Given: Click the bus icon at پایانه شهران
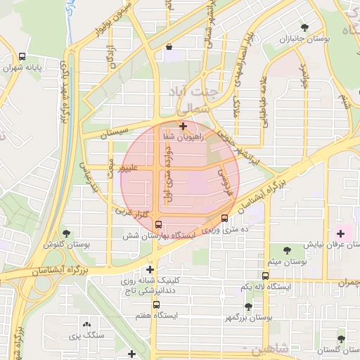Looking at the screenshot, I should [22, 56].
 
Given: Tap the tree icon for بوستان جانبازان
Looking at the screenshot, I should [304, 27].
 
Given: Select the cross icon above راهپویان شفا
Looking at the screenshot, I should [184, 127].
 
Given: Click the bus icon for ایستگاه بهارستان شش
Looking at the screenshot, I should [157, 224].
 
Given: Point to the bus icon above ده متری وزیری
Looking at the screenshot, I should [224, 218].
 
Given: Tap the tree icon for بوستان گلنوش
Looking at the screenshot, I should [66, 233].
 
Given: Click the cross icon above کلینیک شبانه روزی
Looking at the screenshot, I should [150, 269].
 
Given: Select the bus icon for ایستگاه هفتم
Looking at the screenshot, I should [156, 304].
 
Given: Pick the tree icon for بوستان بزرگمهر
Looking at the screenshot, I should [248, 307].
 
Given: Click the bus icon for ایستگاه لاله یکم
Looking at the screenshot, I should [265, 276].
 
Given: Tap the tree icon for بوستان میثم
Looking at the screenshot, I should [287, 250].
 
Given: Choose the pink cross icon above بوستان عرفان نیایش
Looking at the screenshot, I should [341, 233].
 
